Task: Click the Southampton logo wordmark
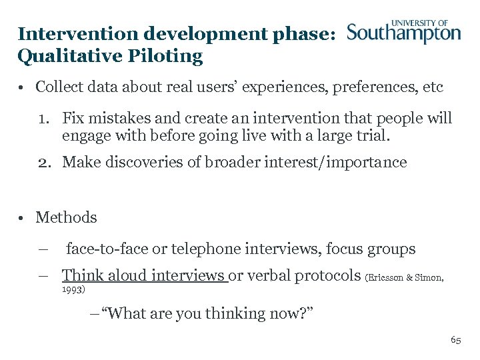coord(404,34)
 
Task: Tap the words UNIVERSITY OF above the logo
coord(419,23)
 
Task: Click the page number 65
coord(455,340)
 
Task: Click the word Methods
coord(66,217)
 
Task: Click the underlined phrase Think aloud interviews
coord(144,275)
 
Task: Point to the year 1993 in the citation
coord(72,291)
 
